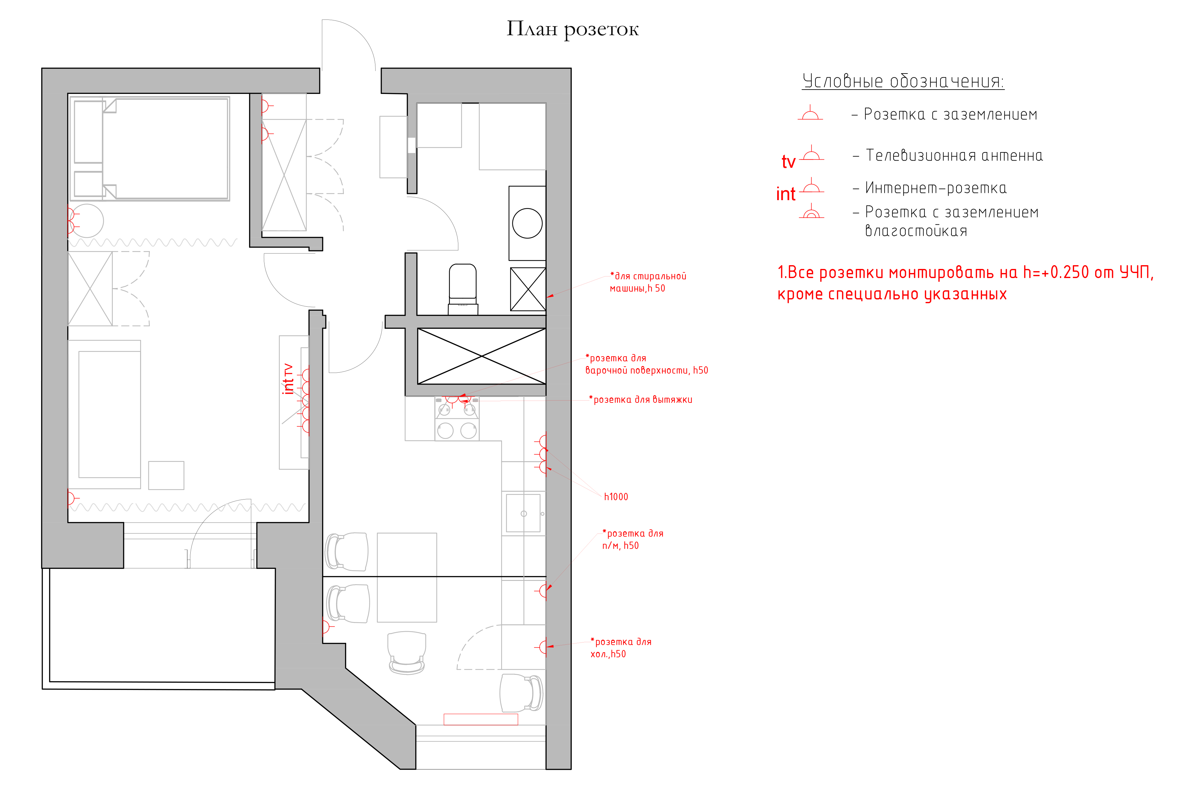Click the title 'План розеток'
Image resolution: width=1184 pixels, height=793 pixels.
(x=572, y=29)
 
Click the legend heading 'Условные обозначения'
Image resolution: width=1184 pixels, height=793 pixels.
(x=903, y=81)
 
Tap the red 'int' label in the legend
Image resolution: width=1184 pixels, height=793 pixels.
(x=786, y=194)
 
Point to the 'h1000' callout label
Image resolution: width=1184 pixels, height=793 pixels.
(x=616, y=497)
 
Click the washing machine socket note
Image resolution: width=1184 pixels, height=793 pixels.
(x=648, y=282)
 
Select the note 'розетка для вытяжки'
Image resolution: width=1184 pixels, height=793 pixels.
(x=641, y=400)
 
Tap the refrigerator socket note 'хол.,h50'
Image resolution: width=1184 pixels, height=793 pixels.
(x=608, y=654)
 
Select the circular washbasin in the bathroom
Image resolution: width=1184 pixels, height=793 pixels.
(x=527, y=223)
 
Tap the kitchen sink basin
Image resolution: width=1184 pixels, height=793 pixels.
(x=523, y=513)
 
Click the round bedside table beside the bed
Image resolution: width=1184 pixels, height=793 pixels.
(x=86, y=221)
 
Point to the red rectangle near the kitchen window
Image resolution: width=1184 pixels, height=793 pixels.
(x=481, y=719)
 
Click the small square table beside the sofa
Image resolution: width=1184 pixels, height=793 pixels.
(x=166, y=475)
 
